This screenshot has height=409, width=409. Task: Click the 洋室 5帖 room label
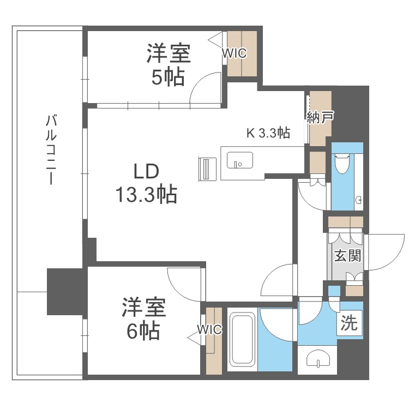pyautogui.click(x=167, y=65)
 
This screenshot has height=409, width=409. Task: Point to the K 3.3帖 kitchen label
pyautogui.click(x=268, y=132)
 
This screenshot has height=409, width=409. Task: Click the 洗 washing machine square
pyautogui.click(x=349, y=324)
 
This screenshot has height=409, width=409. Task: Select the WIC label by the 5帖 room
pyautogui.click(x=234, y=53)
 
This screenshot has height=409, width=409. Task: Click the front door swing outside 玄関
pyautogui.click(x=387, y=251)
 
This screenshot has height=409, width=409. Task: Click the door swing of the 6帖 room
pyautogui.click(x=185, y=284)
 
